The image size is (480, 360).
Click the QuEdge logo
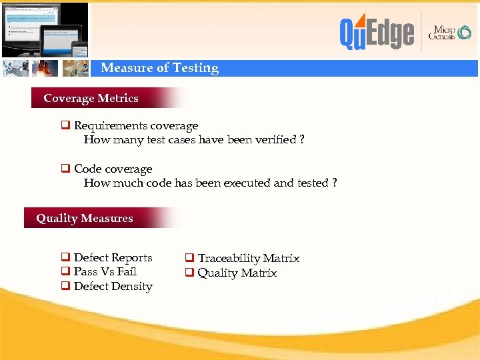377,33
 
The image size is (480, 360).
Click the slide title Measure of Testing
159,68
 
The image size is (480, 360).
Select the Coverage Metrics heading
91,98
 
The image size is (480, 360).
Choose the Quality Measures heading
84,218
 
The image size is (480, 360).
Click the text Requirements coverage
136,125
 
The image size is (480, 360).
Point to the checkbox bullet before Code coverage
66,169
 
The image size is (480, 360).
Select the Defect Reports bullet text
113,257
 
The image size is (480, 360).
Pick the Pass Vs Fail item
105,271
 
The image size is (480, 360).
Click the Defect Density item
113,286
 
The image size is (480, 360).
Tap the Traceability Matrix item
248,258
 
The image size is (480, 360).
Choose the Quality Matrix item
237,273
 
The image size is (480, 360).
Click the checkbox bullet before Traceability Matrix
189,258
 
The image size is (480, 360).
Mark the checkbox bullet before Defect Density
66,286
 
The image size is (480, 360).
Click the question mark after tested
334,183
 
